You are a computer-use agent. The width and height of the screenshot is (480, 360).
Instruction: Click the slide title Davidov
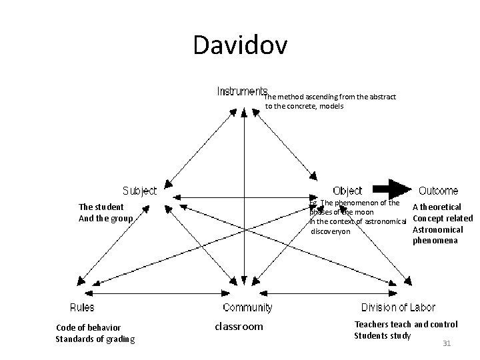pyautogui.click(x=240, y=45)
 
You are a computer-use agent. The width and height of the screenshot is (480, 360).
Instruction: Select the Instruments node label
pyautogui.click(x=242, y=91)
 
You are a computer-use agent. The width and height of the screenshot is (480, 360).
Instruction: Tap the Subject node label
pyautogui.click(x=139, y=191)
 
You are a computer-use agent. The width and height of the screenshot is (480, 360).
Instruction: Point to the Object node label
pyautogui.click(x=347, y=191)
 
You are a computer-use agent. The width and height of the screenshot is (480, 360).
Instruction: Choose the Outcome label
pyautogui.click(x=438, y=191)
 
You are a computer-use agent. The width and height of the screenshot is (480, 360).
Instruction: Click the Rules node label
pyautogui.click(x=82, y=307)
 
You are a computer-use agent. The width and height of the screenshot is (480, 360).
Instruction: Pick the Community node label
pyautogui.click(x=247, y=307)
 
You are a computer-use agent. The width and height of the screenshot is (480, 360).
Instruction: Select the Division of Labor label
pyautogui.click(x=398, y=307)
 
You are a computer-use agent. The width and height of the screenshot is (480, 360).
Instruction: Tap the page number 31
pyautogui.click(x=447, y=343)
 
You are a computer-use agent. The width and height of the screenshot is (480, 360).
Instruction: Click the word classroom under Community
pyautogui.click(x=239, y=327)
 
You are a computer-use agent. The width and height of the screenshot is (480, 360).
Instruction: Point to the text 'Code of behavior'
pyautogui.click(x=89, y=327)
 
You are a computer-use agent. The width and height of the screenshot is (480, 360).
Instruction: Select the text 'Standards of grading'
pyautogui.click(x=95, y=339)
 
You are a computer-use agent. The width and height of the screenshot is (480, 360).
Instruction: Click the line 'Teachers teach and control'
pyautogui.click(x=406, y=324)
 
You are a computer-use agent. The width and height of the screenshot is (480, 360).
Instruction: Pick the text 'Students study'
pyautogui.click(x=382, y=335)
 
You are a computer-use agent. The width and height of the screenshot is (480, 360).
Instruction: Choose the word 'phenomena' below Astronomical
pyautogui.click(x=435, y=240)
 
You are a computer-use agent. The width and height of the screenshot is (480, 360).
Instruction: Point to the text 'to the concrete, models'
pyautogui.click(x=304, y=106)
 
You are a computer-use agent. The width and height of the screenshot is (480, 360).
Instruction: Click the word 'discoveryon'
pyautogui.click(x=331, y=231)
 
